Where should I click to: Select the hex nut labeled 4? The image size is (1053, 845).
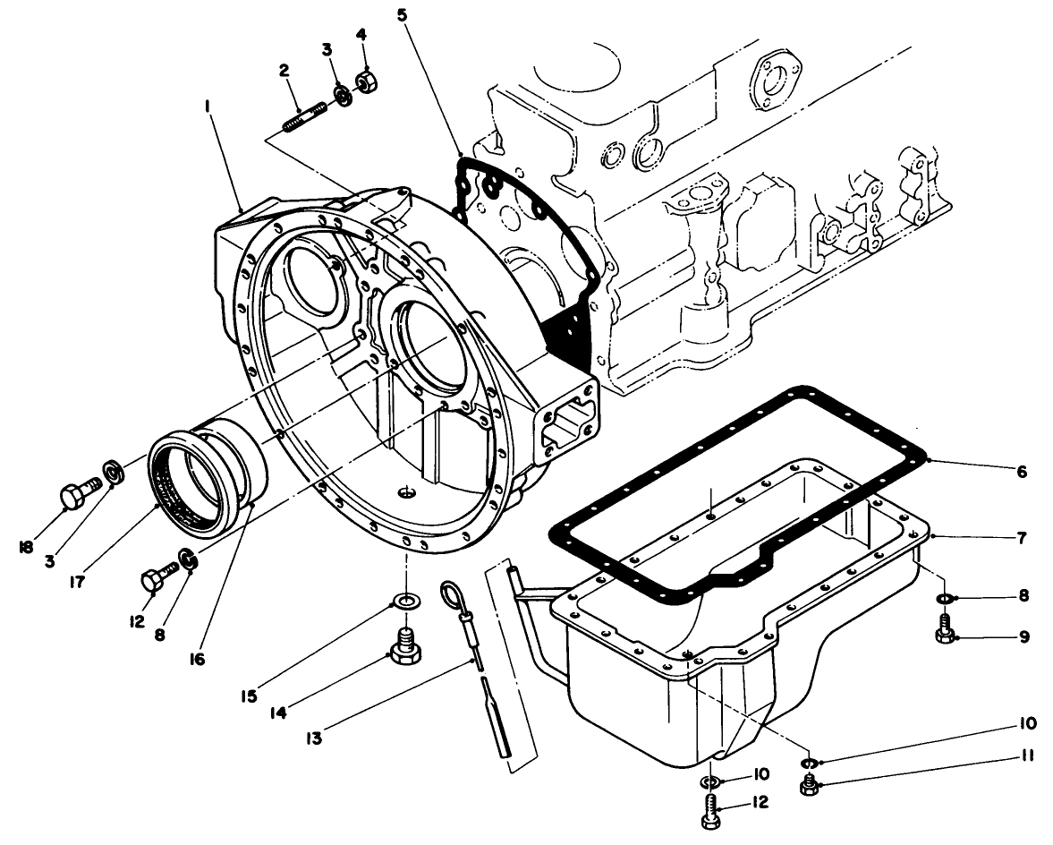(365, 82)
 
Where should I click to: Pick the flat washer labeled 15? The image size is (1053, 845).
(405, 601)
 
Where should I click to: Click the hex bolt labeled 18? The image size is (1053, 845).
(75, 493)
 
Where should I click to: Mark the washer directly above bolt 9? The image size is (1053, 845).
(942, 598)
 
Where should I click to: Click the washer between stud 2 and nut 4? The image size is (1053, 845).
(341, 93)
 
